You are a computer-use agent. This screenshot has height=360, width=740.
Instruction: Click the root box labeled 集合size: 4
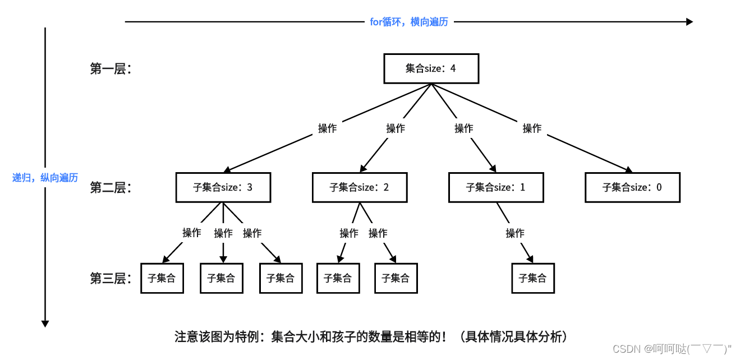(431, 68)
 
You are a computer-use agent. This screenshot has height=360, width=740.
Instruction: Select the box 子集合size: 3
(223, 187)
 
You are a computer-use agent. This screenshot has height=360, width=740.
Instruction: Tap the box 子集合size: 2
(359, 187)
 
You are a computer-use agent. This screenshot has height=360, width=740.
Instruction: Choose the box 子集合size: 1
(495, 187)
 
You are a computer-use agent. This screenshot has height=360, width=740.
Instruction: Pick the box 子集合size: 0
(632, 187)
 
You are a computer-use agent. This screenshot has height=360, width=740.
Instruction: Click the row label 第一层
(111, 69)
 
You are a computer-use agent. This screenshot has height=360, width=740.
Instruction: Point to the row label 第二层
(111, 188)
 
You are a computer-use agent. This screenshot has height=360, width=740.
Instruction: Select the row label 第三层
(111, 278)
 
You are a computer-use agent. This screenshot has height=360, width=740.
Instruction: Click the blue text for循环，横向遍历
(409, 22)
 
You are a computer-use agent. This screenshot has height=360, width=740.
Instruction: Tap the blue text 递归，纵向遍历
(45, 178)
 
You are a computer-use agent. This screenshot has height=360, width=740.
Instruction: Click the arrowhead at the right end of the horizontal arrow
(690, 22)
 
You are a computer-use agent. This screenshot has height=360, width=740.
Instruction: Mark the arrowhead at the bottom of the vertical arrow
(45, 324)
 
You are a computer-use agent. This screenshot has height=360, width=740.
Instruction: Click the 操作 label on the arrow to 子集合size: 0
(532, 128)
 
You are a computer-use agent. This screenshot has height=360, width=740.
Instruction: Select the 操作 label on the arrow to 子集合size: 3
(327, 128)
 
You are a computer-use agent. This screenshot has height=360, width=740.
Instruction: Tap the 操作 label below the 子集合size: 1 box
(514, 233)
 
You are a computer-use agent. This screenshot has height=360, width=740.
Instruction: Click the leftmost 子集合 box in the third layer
(162, 278)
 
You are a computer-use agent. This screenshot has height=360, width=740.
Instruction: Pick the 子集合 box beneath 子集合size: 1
(532, 278)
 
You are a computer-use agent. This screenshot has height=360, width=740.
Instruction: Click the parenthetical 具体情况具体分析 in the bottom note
(513, 337)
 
